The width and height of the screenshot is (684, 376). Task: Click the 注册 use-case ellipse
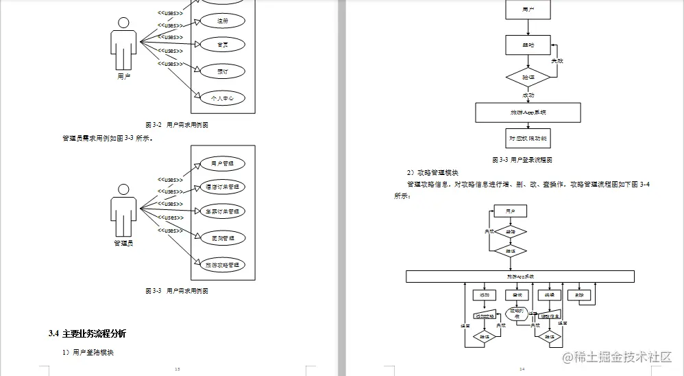tap(222, 21)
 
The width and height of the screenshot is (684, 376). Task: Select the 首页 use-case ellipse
tap(222, 45)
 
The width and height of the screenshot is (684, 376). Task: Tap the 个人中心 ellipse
tap(222, 98)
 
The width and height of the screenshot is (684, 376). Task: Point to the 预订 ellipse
tap(222, 71)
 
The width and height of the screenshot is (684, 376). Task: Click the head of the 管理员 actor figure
tap(124, 189)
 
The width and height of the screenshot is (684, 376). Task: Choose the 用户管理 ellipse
tap(222, 163)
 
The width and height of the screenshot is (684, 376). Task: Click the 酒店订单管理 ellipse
tap(222, 187)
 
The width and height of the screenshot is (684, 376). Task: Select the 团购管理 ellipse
tap(222, 238)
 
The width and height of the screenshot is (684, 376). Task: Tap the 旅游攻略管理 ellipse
tap(222, 265)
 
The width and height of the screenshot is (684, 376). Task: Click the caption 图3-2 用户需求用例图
tap(177, 125)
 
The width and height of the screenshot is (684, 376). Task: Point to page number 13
tap(178, 370)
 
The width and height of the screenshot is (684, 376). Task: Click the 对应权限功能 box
tap(528, 138)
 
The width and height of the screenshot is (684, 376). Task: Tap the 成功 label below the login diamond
tap(528, 95)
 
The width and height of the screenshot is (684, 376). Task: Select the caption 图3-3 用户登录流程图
tap(522, 160)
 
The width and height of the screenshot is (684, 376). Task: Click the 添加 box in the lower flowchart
tap(483, 295)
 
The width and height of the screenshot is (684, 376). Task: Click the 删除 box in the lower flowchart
tap(580, 295)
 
